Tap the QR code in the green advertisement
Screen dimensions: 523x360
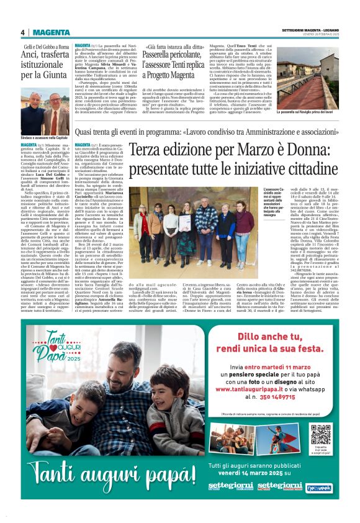click(321, 436)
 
